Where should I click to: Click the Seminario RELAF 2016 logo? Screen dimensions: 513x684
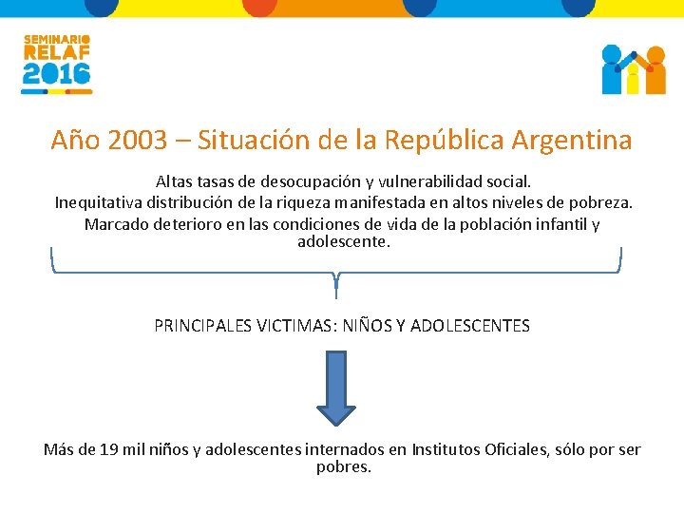coord(57,65)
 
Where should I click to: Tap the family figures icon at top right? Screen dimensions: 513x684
coord(634,69)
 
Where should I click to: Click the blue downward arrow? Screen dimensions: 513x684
coord(335,388)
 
